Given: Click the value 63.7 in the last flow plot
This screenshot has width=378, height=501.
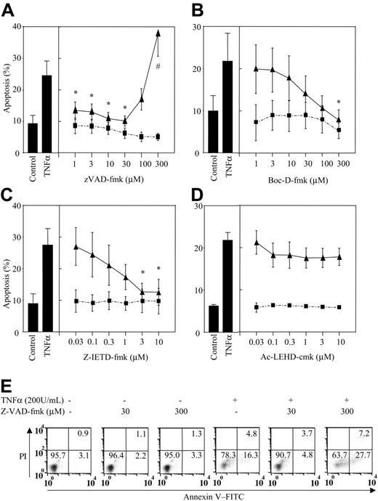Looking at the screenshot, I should (336, 458).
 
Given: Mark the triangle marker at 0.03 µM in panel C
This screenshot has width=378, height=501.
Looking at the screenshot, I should (76, 247).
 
